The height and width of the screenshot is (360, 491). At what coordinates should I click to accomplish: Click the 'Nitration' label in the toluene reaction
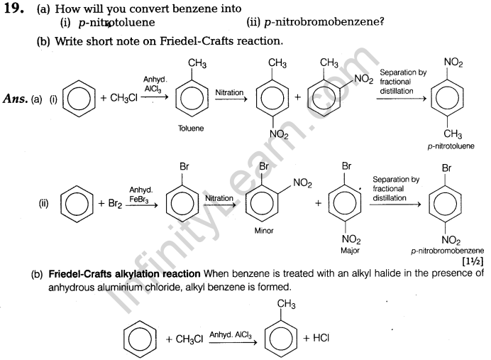[229, 92]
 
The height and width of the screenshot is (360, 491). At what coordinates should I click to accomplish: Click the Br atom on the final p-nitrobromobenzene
[447, 169]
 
